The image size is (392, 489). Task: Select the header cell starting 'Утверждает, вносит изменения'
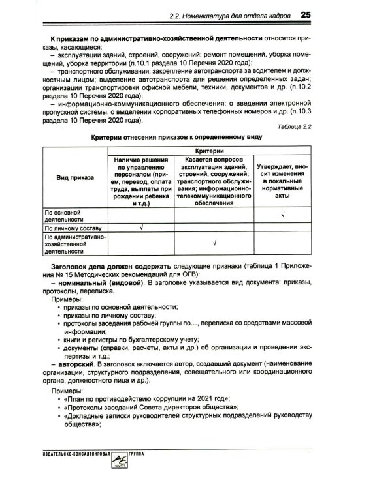point(282,176)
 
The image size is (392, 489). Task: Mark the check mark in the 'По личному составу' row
point(140,228)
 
